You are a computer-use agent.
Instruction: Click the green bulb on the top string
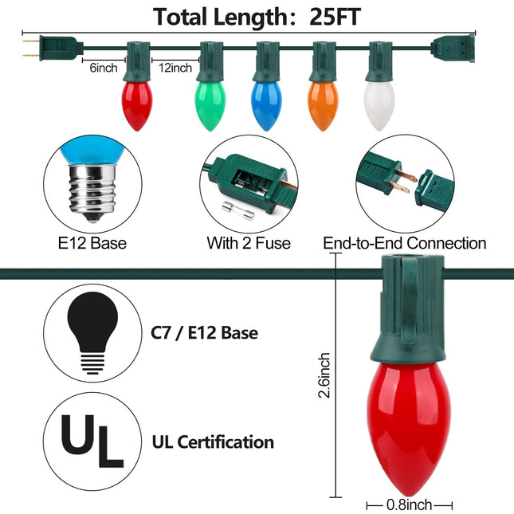coord(210,106)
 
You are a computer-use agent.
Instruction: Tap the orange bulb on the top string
coord(323,106)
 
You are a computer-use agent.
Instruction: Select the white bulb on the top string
coord(379,106)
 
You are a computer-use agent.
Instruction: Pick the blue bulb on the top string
coord(266,106)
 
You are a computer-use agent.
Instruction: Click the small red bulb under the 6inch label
coord(137,106)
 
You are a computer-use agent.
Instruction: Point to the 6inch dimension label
coord(104,68)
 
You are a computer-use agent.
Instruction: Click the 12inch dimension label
coord(175,68)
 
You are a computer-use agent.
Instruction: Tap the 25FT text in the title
coord(335,17)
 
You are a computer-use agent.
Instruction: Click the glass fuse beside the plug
coord(238,210)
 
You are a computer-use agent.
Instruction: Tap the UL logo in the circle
coord(92,441)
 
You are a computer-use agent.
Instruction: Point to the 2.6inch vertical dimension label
coord(324,375)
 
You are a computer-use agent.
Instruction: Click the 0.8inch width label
coord(409,504)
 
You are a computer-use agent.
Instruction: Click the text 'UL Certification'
coord(213,442)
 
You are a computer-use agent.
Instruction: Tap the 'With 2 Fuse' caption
coord(249,243)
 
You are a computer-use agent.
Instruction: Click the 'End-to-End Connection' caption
coord(405,243)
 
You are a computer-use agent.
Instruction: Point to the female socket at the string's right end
coord(453,48)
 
